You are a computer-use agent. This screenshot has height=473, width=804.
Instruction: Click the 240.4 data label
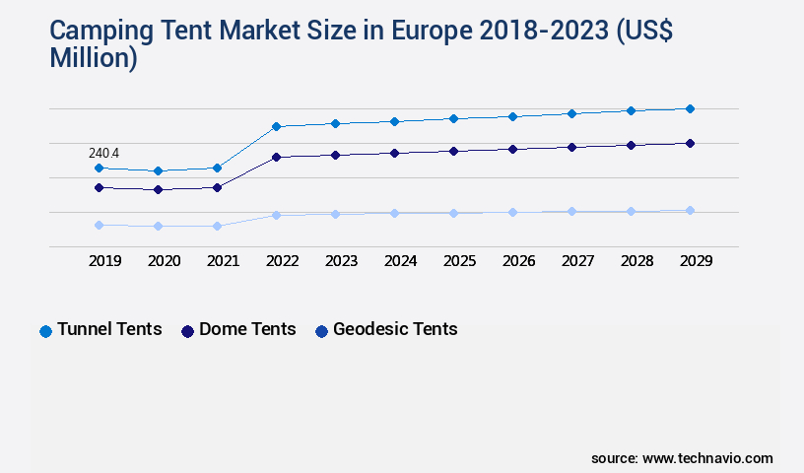pos(103,153)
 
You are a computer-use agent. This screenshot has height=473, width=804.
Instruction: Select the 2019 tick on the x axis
pos(104,261)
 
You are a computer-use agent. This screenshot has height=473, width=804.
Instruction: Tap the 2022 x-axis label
pos(282,261)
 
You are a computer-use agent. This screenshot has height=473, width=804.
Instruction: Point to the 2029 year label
pos(696,261)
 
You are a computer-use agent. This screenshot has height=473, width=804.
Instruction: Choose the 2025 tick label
pos(459,261)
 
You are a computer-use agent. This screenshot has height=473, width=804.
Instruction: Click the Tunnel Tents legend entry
pos(100,330)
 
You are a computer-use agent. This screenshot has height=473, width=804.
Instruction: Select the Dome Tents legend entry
pos(238,330)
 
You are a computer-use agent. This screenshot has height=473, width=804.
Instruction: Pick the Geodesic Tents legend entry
pos(385,330)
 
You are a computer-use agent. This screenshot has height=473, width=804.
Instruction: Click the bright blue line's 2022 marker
pos(276,126)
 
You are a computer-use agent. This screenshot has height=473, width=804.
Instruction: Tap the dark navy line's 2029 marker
pos(690,143)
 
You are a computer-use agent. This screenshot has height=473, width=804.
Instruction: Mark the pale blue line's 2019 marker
pos(99,225)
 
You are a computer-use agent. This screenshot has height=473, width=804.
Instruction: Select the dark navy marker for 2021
pos(217,187)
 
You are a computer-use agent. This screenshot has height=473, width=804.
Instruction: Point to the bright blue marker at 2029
pos(690,108)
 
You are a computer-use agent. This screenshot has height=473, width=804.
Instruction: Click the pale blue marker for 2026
pos(512,212)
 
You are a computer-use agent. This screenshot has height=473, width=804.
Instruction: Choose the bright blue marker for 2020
pos(158,170)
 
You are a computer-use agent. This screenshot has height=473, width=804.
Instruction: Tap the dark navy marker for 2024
pos(394,153)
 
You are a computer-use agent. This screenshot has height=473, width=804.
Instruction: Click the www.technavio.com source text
pos(707,458)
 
